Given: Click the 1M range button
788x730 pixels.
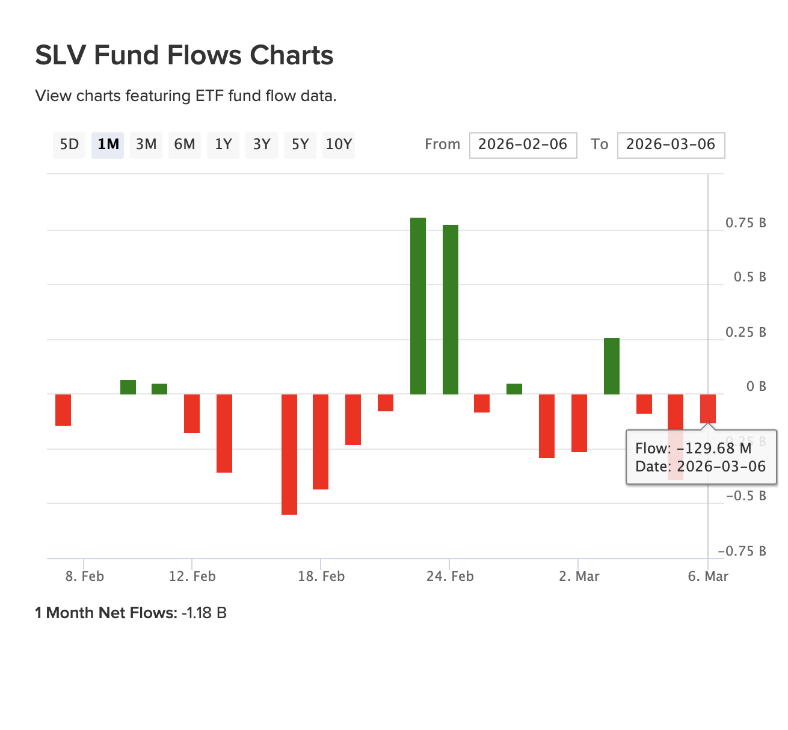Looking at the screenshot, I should click(x=108, y=145).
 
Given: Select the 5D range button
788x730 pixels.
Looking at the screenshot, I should click(x=69, y=145).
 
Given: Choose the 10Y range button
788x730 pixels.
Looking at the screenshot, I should click(x=338, y=145).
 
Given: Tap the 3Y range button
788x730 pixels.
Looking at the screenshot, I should click(x=262, y=145).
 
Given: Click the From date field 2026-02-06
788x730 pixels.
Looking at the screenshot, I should click(x=523, y=145).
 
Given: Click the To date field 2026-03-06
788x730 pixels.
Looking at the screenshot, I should click(x=671, y=145).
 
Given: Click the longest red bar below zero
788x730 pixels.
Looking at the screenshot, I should click(x=289, y=454).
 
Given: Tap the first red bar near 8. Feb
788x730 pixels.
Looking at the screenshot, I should click(x=63, y=409).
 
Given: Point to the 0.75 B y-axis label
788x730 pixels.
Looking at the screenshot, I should click(x=745, y=223).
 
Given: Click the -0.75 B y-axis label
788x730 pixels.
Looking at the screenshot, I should click(x=742, y=551).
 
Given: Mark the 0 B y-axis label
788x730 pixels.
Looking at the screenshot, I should click(x=756, y=387).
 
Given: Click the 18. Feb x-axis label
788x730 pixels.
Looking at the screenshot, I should click(x=321, y=577).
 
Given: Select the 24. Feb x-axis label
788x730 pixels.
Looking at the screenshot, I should click(x=450, y=577).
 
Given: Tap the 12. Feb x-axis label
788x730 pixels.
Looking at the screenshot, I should click(x=192, y=577).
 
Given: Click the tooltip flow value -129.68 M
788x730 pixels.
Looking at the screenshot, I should click(x=713, y=449).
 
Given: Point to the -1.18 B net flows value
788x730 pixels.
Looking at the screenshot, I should click(x=204, y=613).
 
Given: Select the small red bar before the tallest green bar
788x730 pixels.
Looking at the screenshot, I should click(x=386, y=403).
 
